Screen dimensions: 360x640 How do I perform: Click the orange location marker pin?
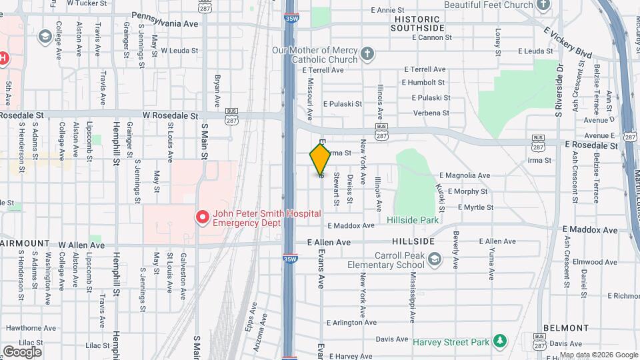[x=320, y=159]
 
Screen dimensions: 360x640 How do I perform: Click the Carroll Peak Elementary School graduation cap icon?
[x=435, y=259]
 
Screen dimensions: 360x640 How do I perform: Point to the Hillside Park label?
[x=412, y=219]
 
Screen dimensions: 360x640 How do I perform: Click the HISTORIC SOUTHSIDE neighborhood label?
[x=417, y=23]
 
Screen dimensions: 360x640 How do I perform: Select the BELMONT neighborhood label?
[x=565, y=328]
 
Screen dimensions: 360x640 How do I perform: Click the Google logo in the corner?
[x=22, y=351]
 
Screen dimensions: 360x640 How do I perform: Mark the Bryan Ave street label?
[x=217, y=91]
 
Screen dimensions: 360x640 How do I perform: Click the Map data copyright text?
[x=598, y=355]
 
